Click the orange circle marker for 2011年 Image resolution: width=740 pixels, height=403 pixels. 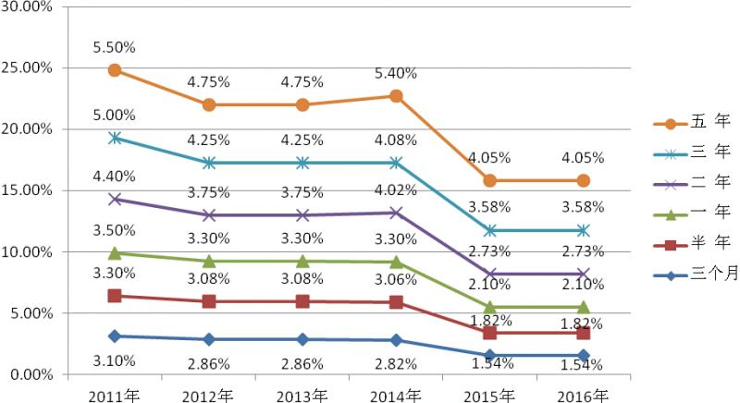coord(115,70)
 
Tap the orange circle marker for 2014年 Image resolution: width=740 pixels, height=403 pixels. coord(396,96)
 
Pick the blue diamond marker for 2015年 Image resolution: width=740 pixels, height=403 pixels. coord(490,356)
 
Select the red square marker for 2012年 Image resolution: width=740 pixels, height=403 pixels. coord(209,301)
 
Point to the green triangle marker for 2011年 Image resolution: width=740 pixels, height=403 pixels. coord(115,252)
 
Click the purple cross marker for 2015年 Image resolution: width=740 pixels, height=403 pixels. coord(490,274)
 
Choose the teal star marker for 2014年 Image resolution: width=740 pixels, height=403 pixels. coord(396,163)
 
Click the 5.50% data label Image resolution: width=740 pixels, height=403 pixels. coord(115,45)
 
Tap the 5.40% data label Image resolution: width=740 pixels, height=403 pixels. coord(396,72)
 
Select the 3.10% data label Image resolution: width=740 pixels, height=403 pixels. coord(115,360)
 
